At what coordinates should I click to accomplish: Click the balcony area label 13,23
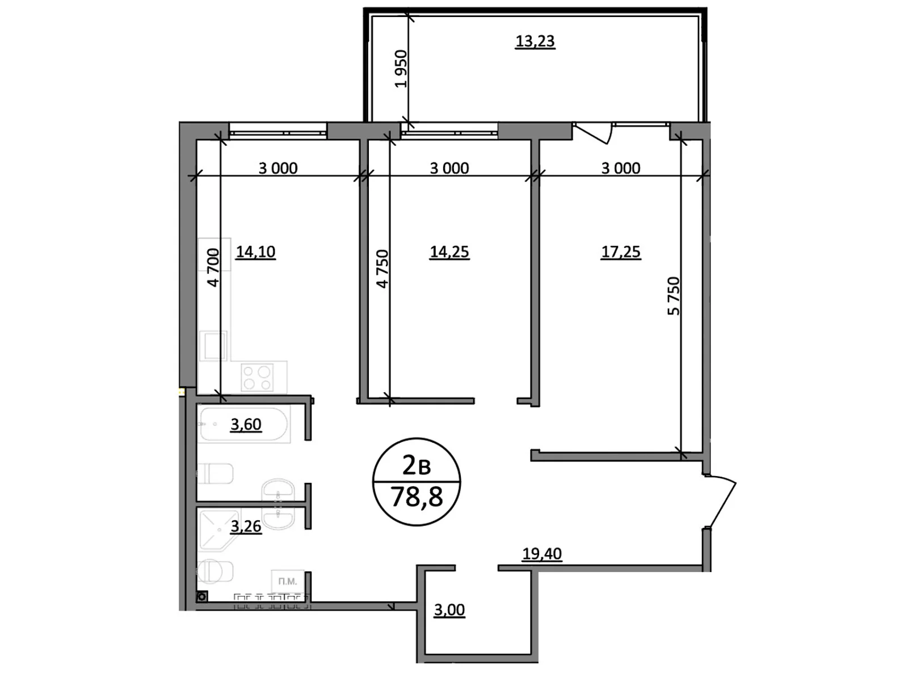click(x=535, y=41)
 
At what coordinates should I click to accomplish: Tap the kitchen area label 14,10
click(x=255, y=251)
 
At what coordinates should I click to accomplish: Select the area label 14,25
click(x=449, y=251)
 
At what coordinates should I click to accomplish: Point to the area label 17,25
click(x=620, y=251)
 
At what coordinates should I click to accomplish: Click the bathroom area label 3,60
click(x=246, y=424)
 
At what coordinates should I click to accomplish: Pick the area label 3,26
click(x=246, y=526)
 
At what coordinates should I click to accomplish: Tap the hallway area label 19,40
click(x=541, y=553)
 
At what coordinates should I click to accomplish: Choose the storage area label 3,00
click(x=449, y=610)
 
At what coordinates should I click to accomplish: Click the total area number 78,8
click(x=417, y=498)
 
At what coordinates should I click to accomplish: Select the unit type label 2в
click(x=416, y=466)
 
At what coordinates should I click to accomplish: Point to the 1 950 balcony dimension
click(x=401, y=69)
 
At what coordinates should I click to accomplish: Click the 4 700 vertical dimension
click(x=212, y=267)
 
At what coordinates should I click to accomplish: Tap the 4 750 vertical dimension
click(x=382, y=268)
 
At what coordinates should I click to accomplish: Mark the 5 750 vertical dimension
click(x=673, y=296)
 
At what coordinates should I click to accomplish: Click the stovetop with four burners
click(x=257, y=378)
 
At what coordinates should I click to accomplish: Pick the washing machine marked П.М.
click(x=288, y=582)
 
